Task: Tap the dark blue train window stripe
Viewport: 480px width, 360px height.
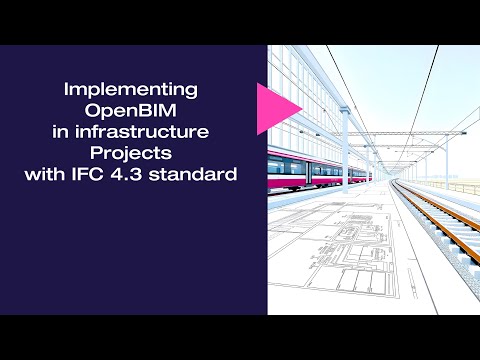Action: click(x=310, y=168)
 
